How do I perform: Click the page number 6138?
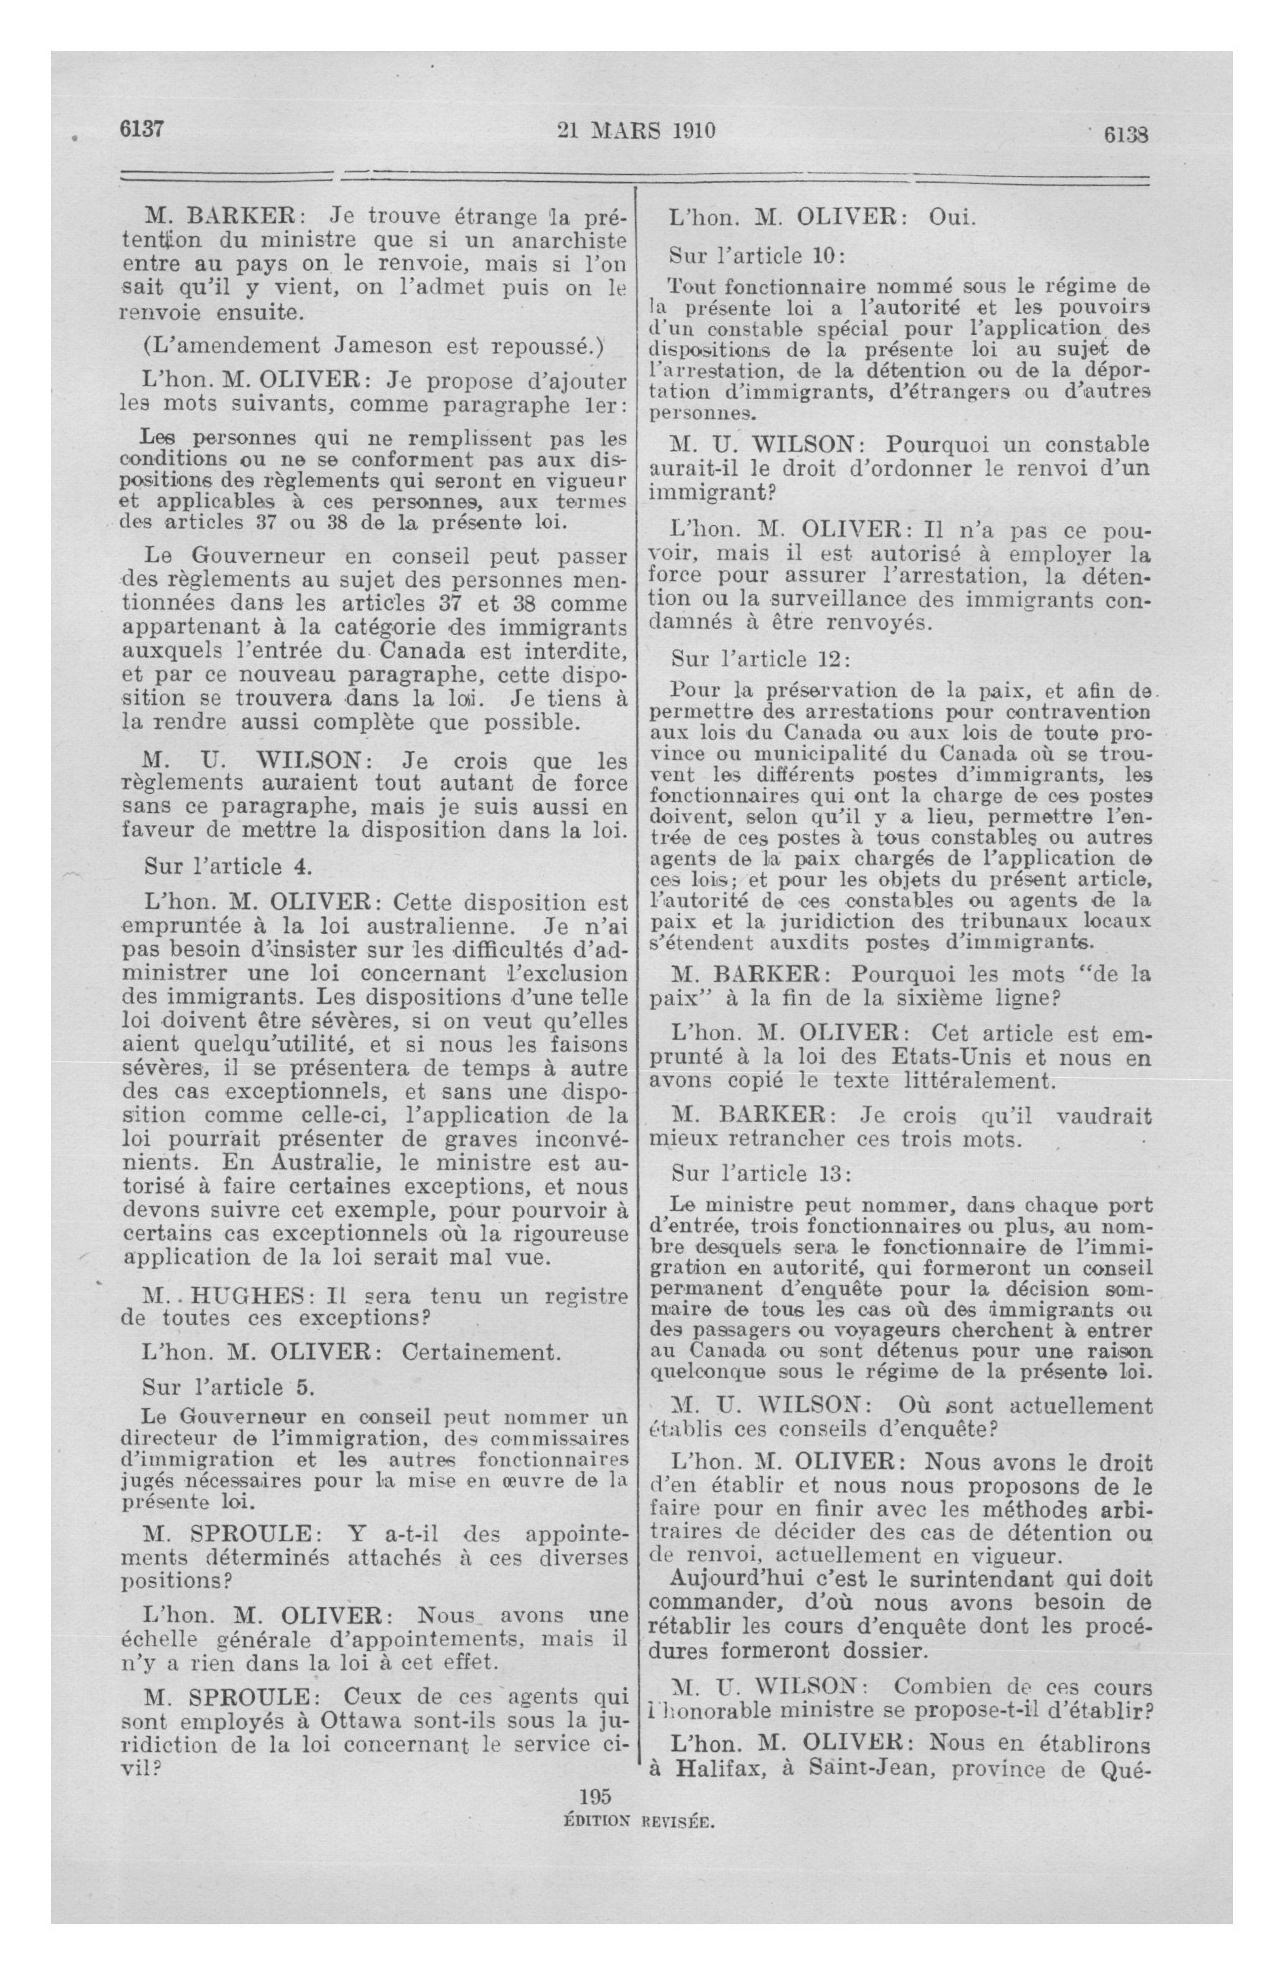(1125, 135)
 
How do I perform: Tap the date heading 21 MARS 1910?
(636, 131)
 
